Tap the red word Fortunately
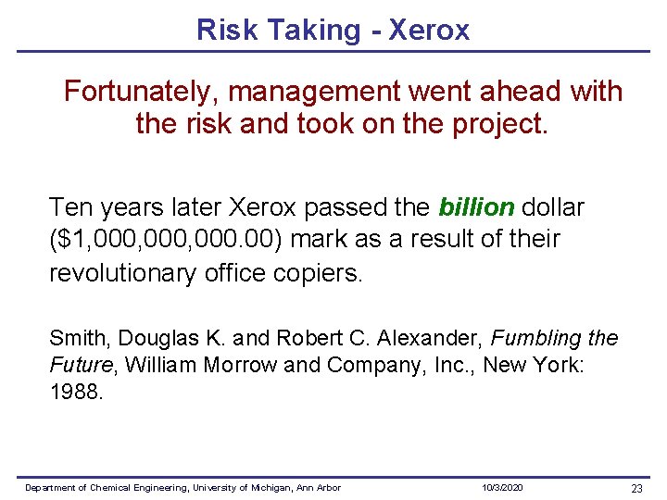[141, 92]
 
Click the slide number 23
[636, 488]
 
